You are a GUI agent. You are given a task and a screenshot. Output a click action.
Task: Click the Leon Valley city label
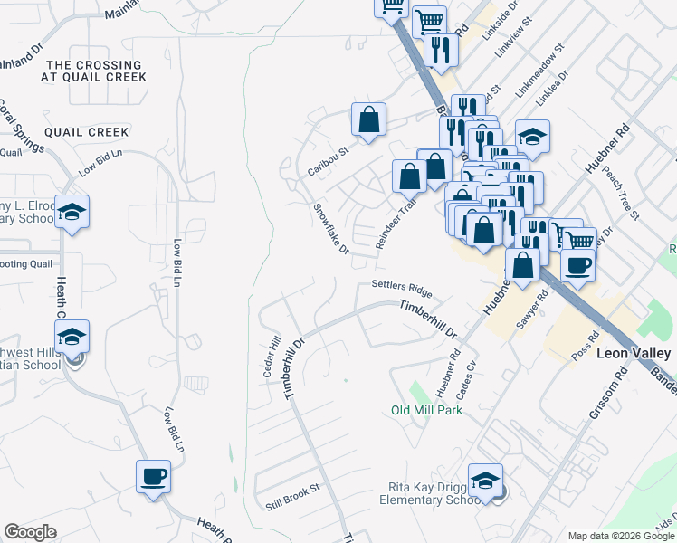tap(634, 353)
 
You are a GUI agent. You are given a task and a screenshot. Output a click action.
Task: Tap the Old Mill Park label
tap(426, 410)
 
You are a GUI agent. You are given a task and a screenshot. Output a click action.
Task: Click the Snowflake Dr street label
tap(330, 228)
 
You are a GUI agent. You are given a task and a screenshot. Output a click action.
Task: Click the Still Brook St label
tap(292, 496)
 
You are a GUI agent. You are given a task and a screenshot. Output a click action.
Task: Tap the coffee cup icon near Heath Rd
tap(153, 476)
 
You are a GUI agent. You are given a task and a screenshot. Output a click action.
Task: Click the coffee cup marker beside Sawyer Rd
tap(578, 265)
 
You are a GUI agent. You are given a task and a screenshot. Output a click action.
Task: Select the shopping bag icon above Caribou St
tap(369, 119)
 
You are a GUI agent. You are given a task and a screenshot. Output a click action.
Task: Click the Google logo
tap(31, 532)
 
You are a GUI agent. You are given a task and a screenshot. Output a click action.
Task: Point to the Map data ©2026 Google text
tap(620, 536)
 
